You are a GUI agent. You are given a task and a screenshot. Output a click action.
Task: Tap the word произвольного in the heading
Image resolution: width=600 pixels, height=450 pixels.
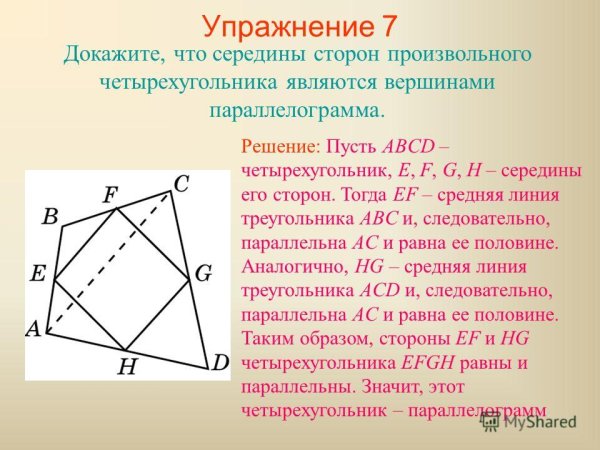click(x=462, y=54)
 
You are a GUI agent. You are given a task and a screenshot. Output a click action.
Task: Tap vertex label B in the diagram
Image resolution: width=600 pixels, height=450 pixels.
click(x=49, y=217)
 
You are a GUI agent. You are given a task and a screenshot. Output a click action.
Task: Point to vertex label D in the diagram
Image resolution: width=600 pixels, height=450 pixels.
click(x=221, y=362)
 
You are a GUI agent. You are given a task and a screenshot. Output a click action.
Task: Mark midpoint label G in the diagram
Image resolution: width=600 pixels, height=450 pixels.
click(x=204, y=272)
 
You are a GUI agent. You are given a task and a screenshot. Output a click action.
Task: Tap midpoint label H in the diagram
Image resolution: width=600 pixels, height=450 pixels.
click(x=126, y=365)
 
